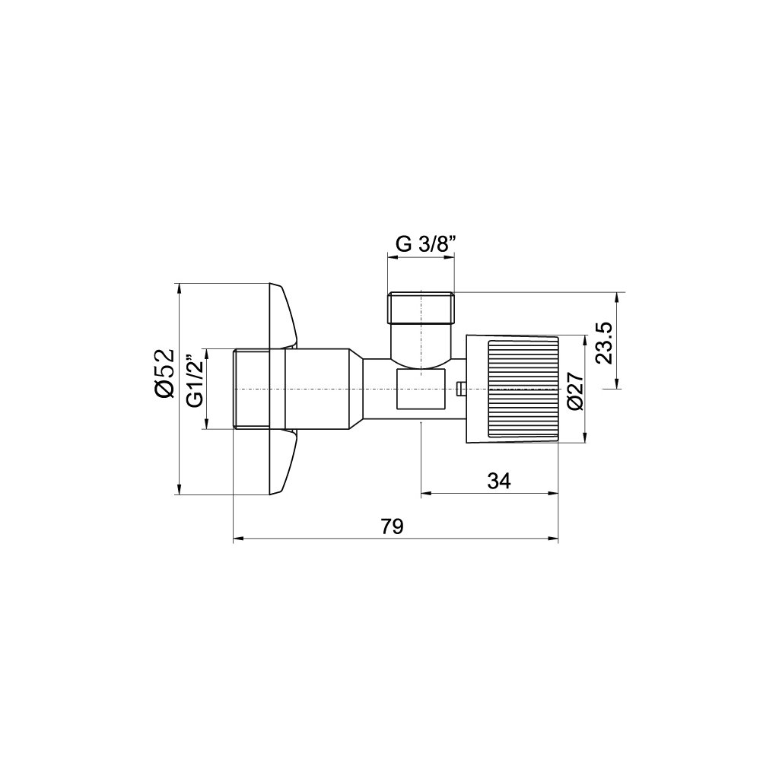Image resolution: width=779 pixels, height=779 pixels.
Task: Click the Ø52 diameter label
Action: tap(164, 373)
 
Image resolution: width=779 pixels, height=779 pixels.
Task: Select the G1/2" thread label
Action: tap(196, 381)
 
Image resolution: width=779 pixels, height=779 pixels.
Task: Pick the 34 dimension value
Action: tap(499, 481)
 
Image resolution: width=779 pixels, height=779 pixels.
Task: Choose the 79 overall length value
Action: tap(393, 526)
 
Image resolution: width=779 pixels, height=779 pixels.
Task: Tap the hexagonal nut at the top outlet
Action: tap(421, 307)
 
